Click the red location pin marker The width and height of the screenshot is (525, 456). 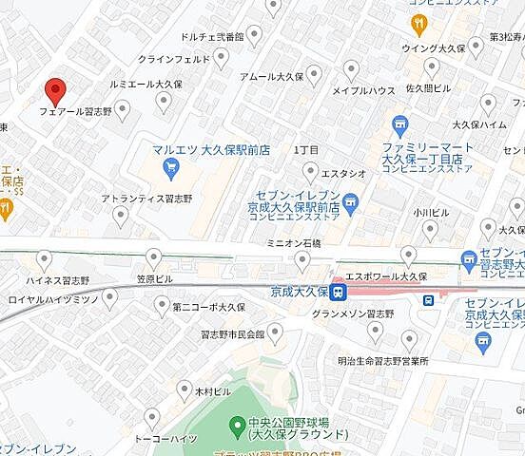pyautogui.click(x=56, y=91)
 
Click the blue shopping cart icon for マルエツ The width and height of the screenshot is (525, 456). pyautogui.click(x=171, y=169)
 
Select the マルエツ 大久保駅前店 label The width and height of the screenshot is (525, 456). pyautogui.click(x=210, y=150)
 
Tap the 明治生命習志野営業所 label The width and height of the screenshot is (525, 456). pyautogui.click(x=382, y=362)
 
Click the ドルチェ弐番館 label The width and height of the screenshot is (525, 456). pyautogui.click(x=206, y=38)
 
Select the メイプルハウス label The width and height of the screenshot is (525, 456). pyautogui.click(x=363, y=91)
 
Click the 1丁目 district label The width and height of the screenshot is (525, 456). pyautogui.click(x=306, y=151)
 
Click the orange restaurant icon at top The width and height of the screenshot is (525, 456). pyautogui.click(x=418, y=22)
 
